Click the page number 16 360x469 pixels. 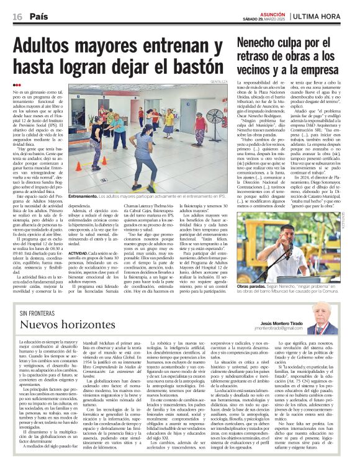[17, 17]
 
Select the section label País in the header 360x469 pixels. [39, 17]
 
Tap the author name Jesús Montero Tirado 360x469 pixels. [281, 323]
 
